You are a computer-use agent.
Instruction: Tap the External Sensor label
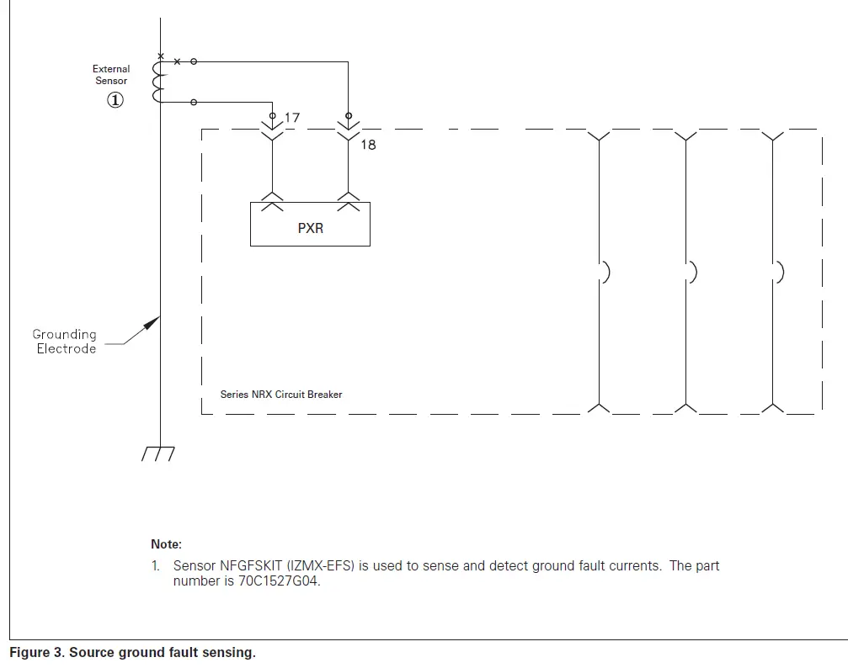tap(111, 75)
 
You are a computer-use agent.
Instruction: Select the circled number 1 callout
tap(115, 100)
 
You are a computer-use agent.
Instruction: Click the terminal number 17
tap(291, 118)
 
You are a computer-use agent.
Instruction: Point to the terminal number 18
tap(368, 145)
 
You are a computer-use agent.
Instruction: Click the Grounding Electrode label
tap(65, 342)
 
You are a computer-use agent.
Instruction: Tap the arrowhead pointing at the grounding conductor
tap(152, 322)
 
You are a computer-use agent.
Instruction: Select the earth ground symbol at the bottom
tap(158, 453)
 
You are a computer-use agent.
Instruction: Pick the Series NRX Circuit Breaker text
tap(281, 394)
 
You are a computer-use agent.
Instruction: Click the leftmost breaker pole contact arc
tap(604, 272)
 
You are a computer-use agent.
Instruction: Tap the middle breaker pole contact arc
tap(691, 272)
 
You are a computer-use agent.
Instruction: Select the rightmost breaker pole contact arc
tap(779, 272)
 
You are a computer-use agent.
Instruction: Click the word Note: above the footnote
tap(166, 544)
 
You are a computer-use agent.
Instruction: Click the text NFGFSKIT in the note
tap(250, 565)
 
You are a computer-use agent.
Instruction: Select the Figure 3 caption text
tap(131, 653)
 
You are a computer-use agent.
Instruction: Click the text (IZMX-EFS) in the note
tap(320, 565)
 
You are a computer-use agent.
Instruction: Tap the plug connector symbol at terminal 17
tap(272, 129)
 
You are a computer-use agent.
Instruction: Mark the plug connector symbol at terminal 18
tap(349, 129)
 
